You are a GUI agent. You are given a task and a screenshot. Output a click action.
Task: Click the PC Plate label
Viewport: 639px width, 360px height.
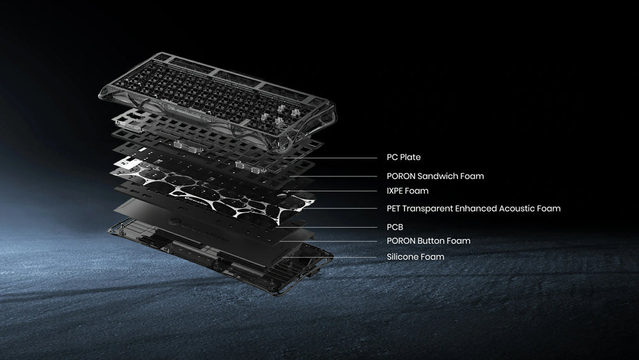[403, 157]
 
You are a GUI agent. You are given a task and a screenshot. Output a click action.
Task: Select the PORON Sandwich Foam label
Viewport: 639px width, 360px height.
[435, 176]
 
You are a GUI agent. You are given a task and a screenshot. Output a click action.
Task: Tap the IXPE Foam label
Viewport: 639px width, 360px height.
[408, 191]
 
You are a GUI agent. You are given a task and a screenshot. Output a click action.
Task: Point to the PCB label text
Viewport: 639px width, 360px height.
[395, 227]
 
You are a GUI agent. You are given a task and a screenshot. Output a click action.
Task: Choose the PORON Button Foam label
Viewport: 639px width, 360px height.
[428, 241]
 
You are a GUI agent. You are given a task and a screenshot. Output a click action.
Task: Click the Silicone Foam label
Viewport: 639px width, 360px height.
[415, 257]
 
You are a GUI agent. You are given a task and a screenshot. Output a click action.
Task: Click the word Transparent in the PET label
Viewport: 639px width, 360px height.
[427, 208]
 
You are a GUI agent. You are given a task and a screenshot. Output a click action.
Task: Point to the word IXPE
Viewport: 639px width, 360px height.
[395, 191]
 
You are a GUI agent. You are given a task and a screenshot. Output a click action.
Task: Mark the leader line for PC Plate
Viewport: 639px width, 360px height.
[330, 158]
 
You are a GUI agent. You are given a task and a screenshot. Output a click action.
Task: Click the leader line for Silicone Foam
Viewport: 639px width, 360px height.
[330, 257]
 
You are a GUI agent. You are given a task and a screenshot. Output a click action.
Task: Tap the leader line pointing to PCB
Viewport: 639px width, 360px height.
[327, 228]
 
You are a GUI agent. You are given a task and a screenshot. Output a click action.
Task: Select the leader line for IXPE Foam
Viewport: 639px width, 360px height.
[330, 191]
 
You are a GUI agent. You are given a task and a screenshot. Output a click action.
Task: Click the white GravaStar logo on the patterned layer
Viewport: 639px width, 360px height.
[198, 202]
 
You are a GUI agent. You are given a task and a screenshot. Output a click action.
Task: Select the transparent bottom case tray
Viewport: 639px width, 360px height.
[220, 257]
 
